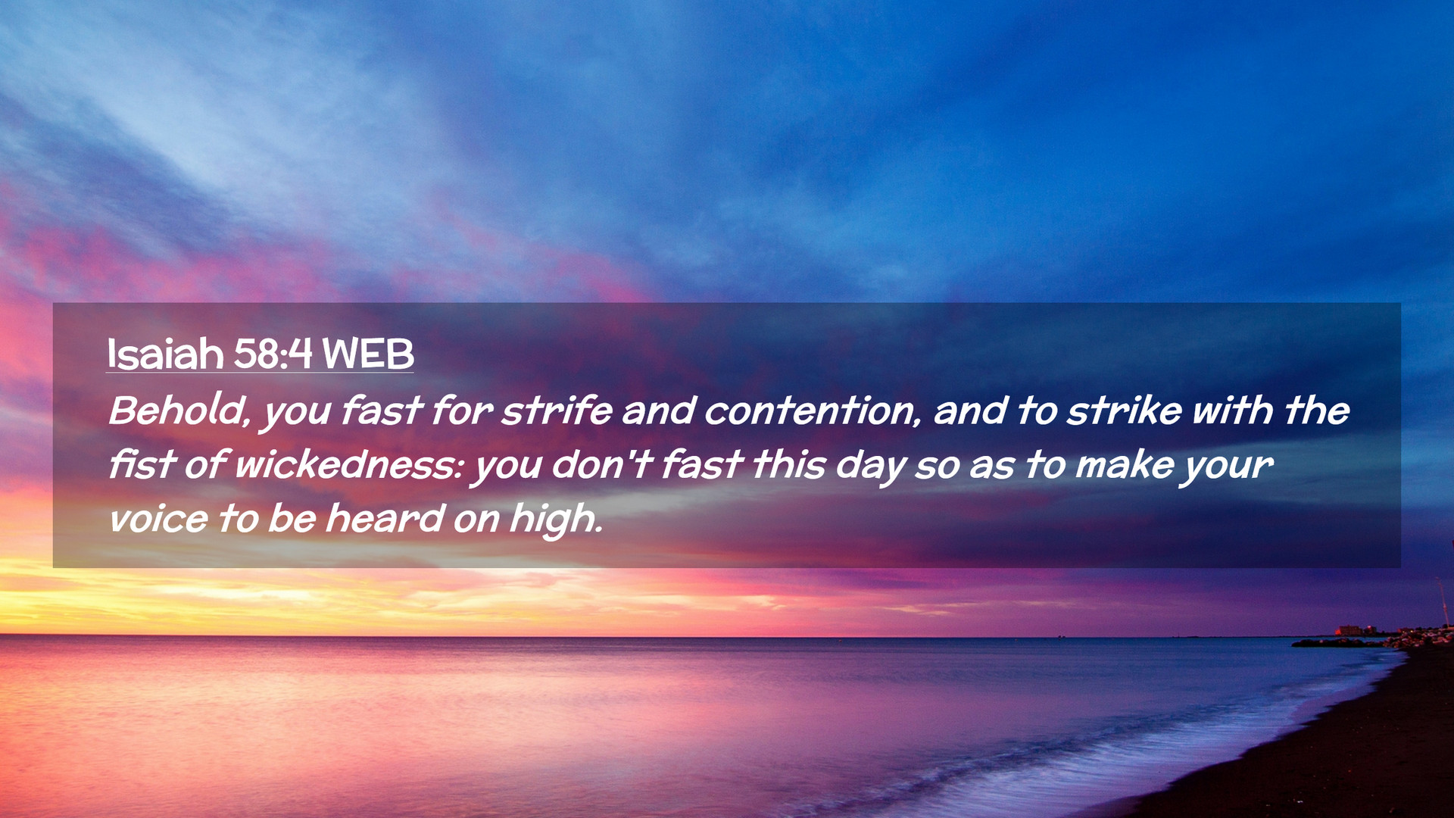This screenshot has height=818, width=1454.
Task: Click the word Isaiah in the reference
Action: point(165,354)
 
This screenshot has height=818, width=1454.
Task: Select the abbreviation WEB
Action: point(368,354)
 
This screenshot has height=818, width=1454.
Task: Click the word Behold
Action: point(179,411)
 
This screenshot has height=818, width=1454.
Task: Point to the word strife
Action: point(557,411)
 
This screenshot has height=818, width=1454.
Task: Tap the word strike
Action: point(1124,411)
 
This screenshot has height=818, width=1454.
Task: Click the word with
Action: point(1233,411)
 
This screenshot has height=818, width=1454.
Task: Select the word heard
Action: point(385,519)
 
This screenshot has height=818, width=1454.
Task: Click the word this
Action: point(788,464)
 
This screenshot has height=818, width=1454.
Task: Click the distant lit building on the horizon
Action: point(1349,630)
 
